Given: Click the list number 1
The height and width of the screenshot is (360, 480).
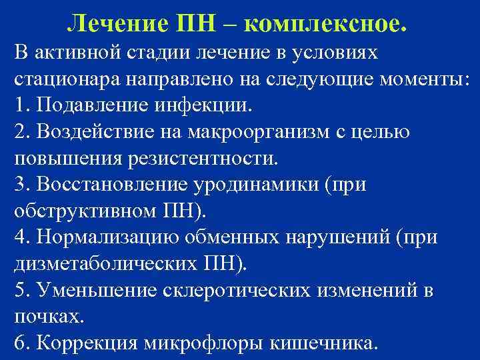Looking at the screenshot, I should pos(19,105).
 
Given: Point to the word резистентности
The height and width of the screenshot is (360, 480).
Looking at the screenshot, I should pos(209,159).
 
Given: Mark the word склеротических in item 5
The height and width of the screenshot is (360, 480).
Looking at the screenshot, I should pos(247,291).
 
